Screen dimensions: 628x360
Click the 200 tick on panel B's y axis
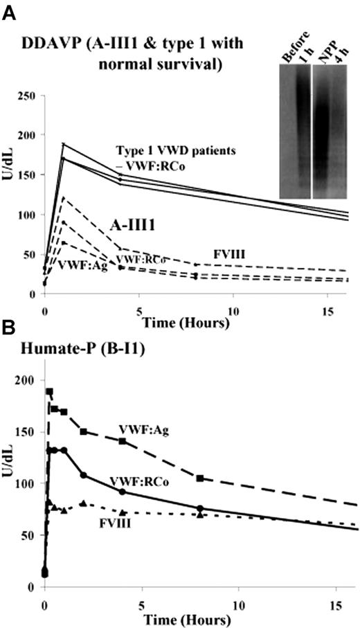click(x=25, y=381)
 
